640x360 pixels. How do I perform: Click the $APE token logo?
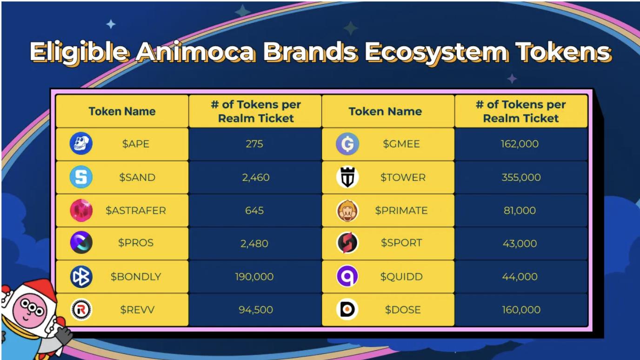pos(81,144)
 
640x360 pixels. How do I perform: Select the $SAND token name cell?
pos(122,177)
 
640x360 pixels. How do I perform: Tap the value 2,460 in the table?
pos(255,177)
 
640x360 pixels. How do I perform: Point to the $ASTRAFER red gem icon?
pos(81,210)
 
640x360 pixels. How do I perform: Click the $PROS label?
pos(136,243)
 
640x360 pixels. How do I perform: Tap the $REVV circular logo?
pos(81,309)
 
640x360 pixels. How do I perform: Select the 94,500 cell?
pos(255,309)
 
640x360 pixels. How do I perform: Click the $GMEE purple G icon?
pos(347,144)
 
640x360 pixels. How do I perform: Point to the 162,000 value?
pos(520,144)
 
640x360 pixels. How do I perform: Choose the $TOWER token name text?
pos(403,177)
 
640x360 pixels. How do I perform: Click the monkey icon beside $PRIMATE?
pos(347,210)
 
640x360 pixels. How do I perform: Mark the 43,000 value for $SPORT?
pos(520,243)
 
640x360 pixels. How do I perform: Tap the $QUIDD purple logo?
pos(347,276)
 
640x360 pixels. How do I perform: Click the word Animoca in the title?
pos(195,53)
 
